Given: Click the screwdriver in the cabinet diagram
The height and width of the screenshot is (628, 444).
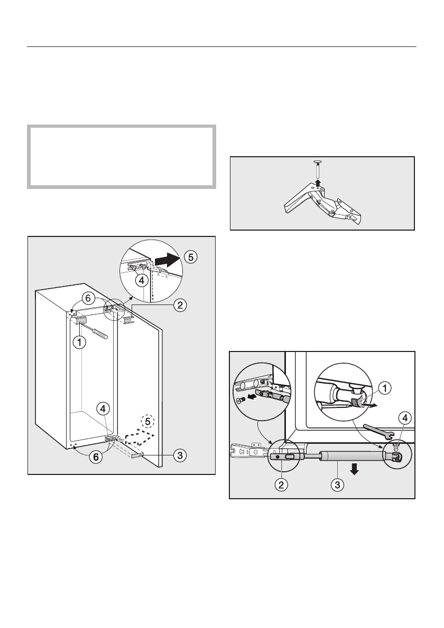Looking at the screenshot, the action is [98, 332].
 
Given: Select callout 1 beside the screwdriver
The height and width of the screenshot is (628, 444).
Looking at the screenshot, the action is [79, 342].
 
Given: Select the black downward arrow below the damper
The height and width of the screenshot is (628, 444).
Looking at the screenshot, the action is [354, 470].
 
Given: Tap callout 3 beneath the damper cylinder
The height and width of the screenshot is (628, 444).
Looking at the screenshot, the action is [337, 484].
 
